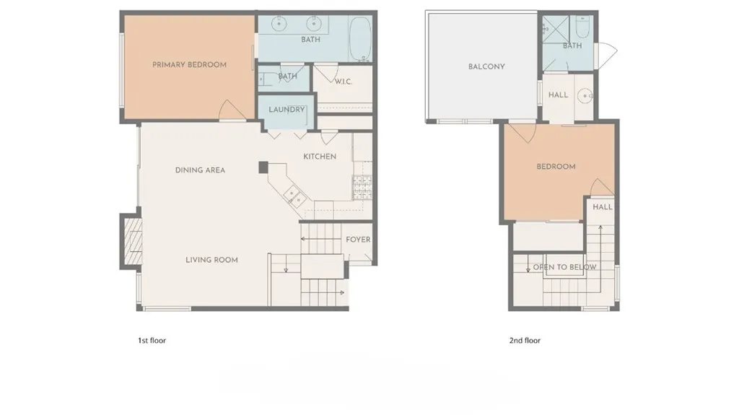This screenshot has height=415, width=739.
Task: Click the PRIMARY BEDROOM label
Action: (x=189, y=65)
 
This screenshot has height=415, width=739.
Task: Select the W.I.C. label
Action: (x=343, y=82)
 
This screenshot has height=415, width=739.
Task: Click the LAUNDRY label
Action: (x=287, y=110)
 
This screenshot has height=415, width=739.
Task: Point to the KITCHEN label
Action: (x=319, y=157)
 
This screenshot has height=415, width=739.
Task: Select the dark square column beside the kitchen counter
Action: (x=263, y=167)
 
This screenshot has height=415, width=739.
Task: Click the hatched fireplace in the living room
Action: (x=132, y=241)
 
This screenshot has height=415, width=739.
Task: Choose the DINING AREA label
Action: (x=200, y=170)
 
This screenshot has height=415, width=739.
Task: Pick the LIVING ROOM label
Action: (x=211, y=260)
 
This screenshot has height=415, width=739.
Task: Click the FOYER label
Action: (x=358, y=240)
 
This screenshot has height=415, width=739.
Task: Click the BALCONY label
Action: (x=486, y=66)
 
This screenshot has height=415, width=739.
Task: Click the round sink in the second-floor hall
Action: (x=587, y=95)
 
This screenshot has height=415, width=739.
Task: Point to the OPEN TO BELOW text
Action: (x=564, y=267)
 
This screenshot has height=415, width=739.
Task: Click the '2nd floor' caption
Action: (x=525, y=340)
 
